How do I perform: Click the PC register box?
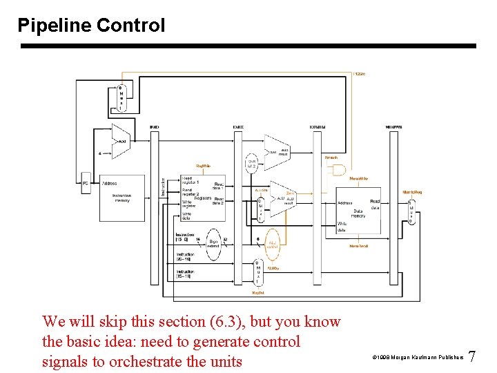pyautogui.click(x=86, y=183)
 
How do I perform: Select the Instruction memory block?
pyautogui.click(x=121, y=197)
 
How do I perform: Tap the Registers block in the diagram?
pyautogui.click(x=202, y=198)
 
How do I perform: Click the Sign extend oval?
pyautogui.click(x=213, y=243)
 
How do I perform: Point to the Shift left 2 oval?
pyautogui.click(x=252, y=163)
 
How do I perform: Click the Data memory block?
pyautogui.click(x=358, y=213)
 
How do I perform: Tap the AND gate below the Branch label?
pyautogui.click(x=338, y=170)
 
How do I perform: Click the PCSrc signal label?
pyautogui.click(x=359, y=73)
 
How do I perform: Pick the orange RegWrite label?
pyautogui.click(x=204, y=166)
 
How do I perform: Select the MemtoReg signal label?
pyautogui.click(x=412, y=192)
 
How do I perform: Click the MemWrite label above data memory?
pyautogui.click(x=358, y=179)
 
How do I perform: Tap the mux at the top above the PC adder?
pyautogui.click(x=121, y=98)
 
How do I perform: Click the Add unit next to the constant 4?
pyautogui.click(x=120, y=140)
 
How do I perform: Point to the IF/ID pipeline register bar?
pyautogui.click(x=155, y=207)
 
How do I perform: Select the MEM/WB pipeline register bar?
pyautogui.click(x=394, y=207)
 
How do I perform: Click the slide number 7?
pyautogui.click(x=472, y=357)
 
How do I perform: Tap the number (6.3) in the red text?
pyautogui.click(x=232, y=322)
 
